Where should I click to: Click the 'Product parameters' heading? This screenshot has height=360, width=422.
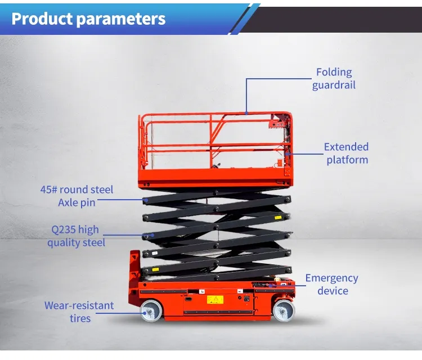(x=88, y=19)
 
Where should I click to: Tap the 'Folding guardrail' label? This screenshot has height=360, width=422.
(x=334, y=79)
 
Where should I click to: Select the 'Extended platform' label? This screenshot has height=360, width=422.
(x=347, y=153)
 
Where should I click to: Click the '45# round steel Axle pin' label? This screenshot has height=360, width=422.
(x=77, y=196)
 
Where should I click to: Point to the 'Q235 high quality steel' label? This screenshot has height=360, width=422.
(x=75, y=236)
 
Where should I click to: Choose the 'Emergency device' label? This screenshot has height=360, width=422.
(x=332, y=284)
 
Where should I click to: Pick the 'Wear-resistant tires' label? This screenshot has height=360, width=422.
(x=79, y=312)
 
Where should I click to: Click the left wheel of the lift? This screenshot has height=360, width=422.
(x=151, y=311)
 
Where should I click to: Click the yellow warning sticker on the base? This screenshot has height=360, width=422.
(x=215, y=300)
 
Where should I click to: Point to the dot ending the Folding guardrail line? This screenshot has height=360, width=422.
(x=246, y=113)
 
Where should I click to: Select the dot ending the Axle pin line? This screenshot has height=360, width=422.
(x=145, y=199)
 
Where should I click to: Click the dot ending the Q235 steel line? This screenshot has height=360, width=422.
(x=151, y=236)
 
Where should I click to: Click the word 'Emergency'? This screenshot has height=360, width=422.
(x=332, y=278)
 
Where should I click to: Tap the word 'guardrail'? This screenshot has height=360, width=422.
(x=334, y=85)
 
